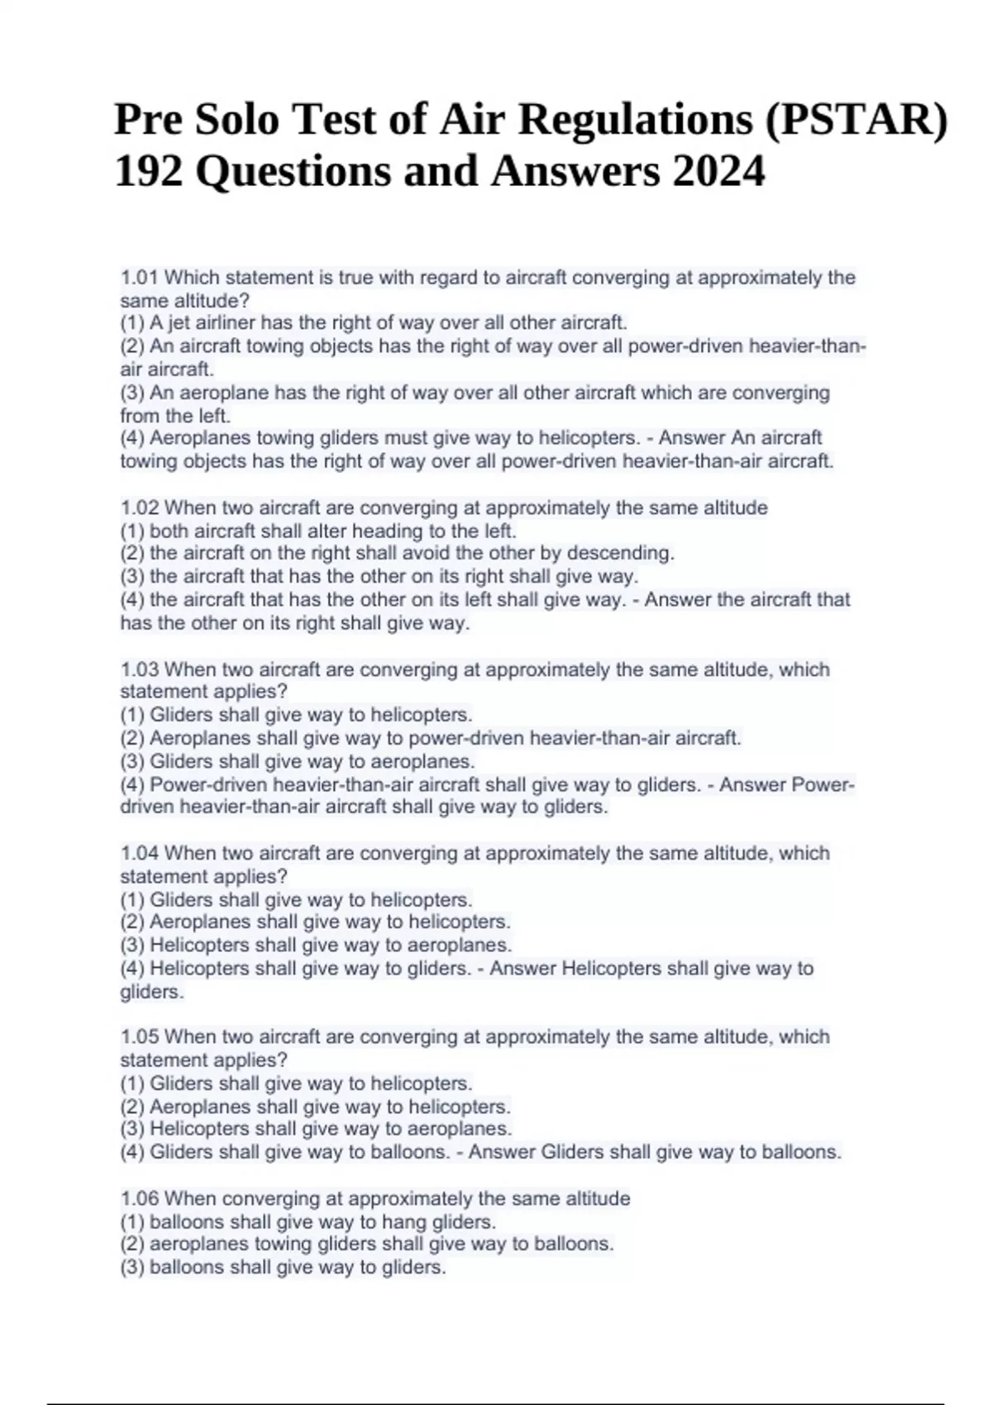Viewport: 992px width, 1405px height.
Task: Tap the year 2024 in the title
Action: (718, 173)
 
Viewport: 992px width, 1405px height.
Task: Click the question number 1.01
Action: (140, 278)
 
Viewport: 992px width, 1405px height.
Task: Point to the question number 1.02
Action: (140, 507)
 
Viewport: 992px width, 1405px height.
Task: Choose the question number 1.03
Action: (140, 669)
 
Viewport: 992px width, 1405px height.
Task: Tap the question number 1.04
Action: (140, 853)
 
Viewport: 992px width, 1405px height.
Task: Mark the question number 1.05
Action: (140, 1037)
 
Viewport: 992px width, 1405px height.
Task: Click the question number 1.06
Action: (140, 1198)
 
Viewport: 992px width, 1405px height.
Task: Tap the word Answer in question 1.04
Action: (522, 968)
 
